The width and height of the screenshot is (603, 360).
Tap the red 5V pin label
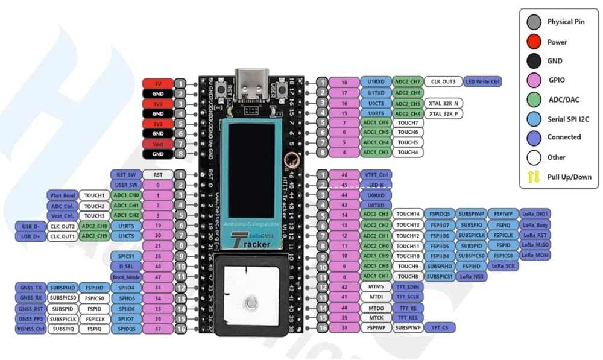click(157, 83)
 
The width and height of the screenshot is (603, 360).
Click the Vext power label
click(157, 144)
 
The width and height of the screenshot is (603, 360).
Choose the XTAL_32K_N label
click(445, 103)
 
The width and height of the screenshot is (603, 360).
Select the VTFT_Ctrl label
click(376, 174)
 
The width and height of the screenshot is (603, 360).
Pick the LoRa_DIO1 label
click(535, 213)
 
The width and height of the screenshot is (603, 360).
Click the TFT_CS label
click(440, 327)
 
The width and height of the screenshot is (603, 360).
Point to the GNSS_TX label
click(30, 288)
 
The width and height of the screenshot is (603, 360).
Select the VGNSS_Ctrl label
click(30, 329)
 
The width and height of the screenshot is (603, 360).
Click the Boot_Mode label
click(125, 277)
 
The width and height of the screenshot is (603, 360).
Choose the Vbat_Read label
click(62, 195)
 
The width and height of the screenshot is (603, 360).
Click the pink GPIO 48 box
click(158, 267)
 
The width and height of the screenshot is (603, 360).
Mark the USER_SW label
click(125, 185)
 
